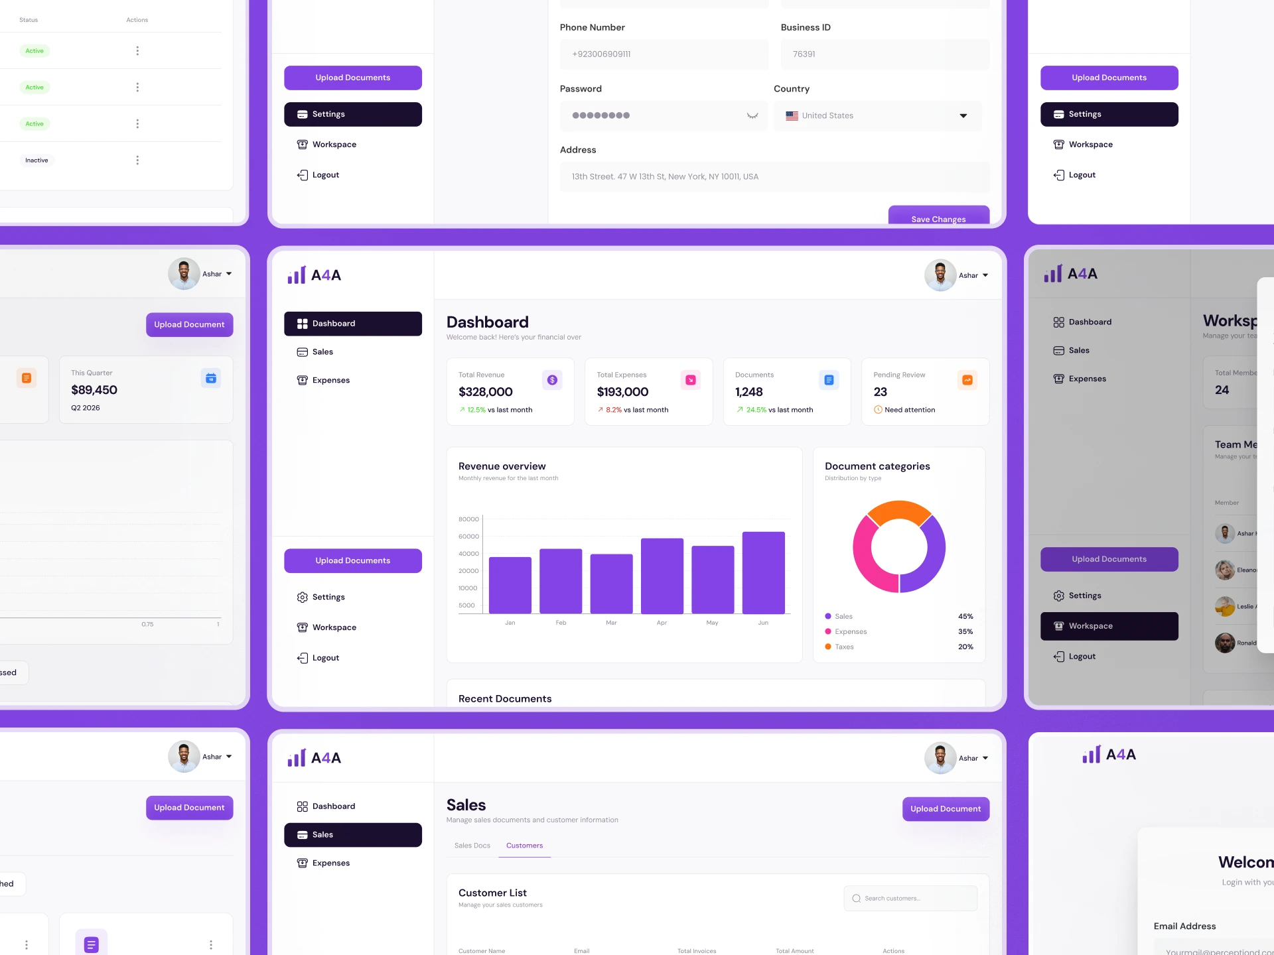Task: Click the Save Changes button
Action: pyautogui.click(x=938, y=217)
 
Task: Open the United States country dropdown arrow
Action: pyautogui.click(x=963, y=116)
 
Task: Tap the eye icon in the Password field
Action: pyautogui.click(x=752, y=115)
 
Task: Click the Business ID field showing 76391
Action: pyautogui.click(x=885, y=54)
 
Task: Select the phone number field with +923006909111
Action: pyautogui.click(x=664, y=54)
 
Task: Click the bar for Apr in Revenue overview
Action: pyautogui.click(x=662, y=576)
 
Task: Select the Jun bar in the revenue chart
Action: pyautogui.click(x=763, y=572)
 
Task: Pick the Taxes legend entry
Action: pyautogui.click(x=844, y=647)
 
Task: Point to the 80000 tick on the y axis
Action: pyautogui.click(x=468, y=519)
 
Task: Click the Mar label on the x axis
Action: pyautogui.click(x=611, y=623)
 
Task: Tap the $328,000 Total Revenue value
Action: pyautogui.click(x=485, y=392)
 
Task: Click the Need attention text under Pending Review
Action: pyautogui.click(x=909, y=410)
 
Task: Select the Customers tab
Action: pyautogui.click(x=524, y=846)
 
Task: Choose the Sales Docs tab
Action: pyautogui.click(x=472, y=846)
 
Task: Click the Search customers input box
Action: pyautogui.click(x=910, y=899)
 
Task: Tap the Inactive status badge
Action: pyautogui.click(x=36, y=160)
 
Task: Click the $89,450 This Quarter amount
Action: pyautogui.click(x=94, y=390)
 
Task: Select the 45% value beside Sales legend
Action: pyautogui.click(x=965, y=616)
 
